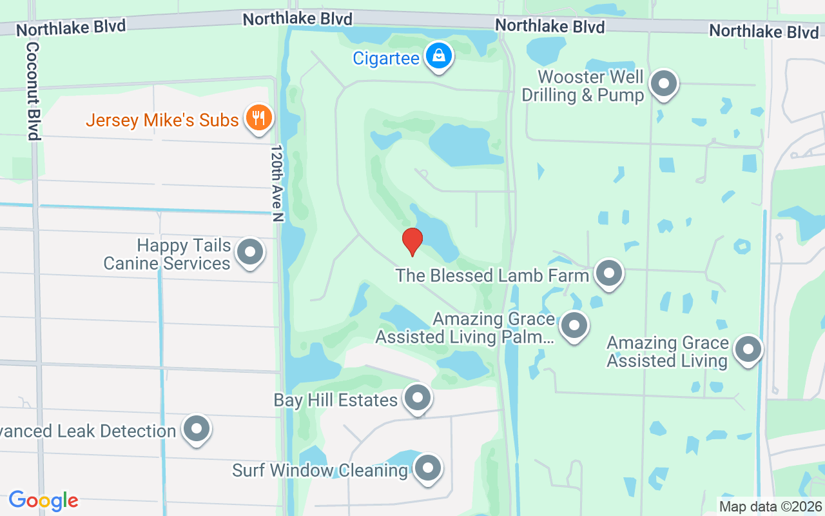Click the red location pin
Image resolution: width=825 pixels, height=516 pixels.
(412, 241)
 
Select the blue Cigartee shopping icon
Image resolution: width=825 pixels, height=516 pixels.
(439, 56)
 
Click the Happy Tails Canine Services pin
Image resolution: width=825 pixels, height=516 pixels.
(250, 252)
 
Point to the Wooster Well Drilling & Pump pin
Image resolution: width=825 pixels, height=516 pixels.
(663, 84)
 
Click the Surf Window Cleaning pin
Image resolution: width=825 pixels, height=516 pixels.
(427, 469)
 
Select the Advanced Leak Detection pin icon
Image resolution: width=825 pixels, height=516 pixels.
(196, 428)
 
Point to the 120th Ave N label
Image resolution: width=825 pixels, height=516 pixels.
(277, 184)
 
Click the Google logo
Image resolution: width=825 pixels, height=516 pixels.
(43, 500)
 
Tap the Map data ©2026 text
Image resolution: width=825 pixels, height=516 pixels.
(770, 506)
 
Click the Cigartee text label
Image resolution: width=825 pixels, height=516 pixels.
(386, 59)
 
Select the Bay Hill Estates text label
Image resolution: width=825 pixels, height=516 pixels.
(335, 400)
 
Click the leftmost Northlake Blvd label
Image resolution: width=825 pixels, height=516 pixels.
(71, 27)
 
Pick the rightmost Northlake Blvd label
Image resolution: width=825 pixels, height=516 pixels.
(764, 31)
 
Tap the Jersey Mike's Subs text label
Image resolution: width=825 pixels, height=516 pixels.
(162, 120)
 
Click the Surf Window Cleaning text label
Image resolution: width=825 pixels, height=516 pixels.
(320, 470)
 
